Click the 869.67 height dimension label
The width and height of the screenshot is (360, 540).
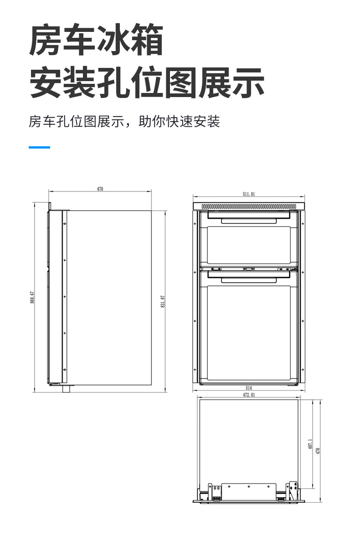point(32,297)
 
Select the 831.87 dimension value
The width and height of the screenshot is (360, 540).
point(163,301)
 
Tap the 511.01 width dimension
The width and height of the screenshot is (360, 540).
point(249,194)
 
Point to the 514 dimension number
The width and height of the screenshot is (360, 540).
point(249,388)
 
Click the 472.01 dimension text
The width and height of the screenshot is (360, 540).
point(249,395)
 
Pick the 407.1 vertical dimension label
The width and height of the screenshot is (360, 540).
point(310,444)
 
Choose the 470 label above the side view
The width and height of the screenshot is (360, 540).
point(100,189)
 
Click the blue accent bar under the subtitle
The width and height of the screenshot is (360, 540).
point(39,147)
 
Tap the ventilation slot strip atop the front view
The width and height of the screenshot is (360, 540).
point(249,206)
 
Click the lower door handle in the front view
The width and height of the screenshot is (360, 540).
point(249,280)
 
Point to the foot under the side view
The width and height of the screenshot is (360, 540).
point(66,388)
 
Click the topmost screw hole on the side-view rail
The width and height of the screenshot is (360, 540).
point(64,223)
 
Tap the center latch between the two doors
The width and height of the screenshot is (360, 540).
point(249,268)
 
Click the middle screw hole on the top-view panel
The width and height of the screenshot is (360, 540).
point(249,487)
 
